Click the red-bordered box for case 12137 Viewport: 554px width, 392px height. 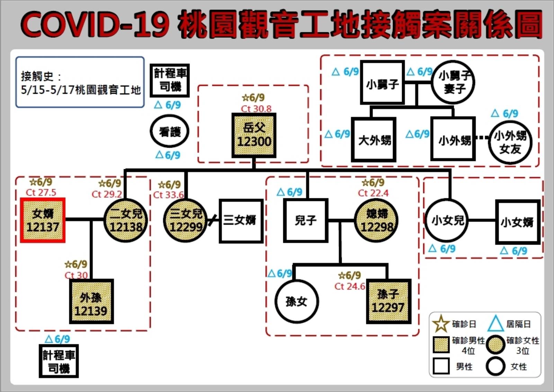[43, 220]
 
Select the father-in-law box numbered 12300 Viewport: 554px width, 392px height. [254, 135]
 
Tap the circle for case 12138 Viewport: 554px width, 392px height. [126, 220]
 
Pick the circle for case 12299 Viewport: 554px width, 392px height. [185, 220]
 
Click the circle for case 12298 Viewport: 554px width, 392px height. [376, 220]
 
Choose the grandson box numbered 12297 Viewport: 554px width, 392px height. [388, 301]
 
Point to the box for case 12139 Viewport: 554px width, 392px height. [91, 301]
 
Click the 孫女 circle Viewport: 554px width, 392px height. [296, 301]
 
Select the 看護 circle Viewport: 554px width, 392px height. [169, 131]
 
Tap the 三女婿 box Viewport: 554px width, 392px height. [241, 221]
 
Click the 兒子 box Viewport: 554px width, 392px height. [305, 220]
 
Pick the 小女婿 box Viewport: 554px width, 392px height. [517, 222]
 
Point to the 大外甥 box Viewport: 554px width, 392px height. [374, 139]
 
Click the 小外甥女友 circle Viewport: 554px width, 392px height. [510, 142]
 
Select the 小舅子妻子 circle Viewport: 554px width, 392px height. [453, 82]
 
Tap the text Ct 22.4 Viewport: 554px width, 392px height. [373, 193]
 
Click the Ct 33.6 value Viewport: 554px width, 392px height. [168, 195]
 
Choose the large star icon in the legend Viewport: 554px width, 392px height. [441, 323]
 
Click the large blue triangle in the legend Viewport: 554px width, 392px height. [495, 323]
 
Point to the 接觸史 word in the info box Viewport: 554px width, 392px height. [37, 76]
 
